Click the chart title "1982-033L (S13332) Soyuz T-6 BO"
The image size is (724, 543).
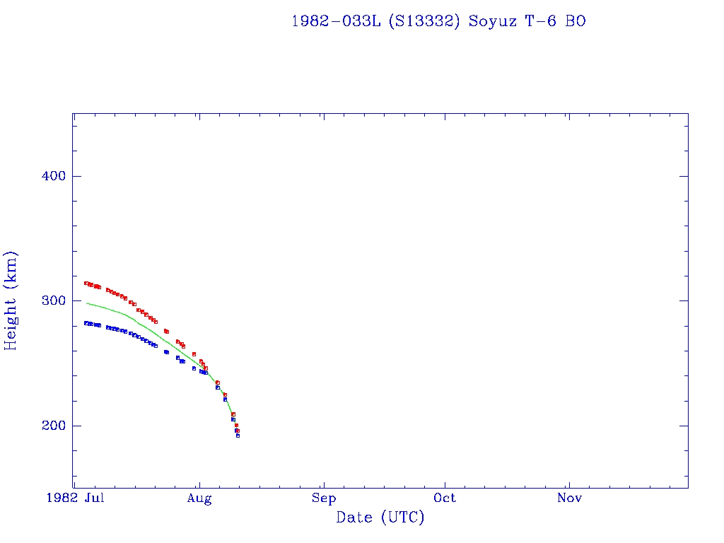click(x=438, y=22)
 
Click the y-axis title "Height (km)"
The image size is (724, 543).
click(x=11, y=300)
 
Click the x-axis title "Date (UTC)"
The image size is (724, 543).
click(x=380, y=518)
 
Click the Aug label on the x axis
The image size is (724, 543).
click(x=199, y=498)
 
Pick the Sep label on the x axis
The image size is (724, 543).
click(x=323, y=498)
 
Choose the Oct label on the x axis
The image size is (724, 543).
click(x=445, y=498)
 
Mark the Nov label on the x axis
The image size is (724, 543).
click(x=569, y=498)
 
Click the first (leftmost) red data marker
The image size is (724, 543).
click(x=86, y=283)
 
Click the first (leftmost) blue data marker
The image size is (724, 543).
click(x=86, y=323)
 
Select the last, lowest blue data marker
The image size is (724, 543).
click(x=238, y=436)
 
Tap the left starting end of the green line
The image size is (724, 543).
click(x=86, y=303)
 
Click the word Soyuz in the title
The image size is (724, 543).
click(x=492, y=22)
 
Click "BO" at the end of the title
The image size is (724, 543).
click(x=576, y=22)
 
